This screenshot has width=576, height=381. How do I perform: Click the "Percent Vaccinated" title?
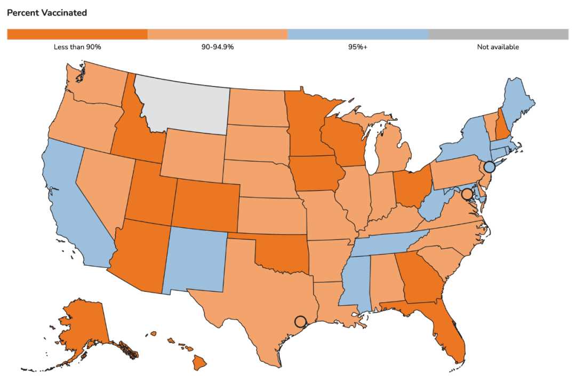click(47, 13)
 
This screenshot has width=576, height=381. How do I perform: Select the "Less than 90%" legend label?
click(77, 47)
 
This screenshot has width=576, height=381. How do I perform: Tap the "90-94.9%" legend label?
click(218, 47)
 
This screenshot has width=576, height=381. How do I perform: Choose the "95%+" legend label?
click(358, 47)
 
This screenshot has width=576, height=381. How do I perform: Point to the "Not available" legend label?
click(498, 47)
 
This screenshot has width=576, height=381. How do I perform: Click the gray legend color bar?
click(499, 34)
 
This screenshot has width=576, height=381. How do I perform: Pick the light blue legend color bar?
click(358, 34)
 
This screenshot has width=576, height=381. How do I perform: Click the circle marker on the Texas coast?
click(300, 321)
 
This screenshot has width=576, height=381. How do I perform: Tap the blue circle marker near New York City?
click(489, 167)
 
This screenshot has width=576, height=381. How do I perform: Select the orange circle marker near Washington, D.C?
click(467, 194)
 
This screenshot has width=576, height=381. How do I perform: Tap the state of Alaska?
click(85, 326)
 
